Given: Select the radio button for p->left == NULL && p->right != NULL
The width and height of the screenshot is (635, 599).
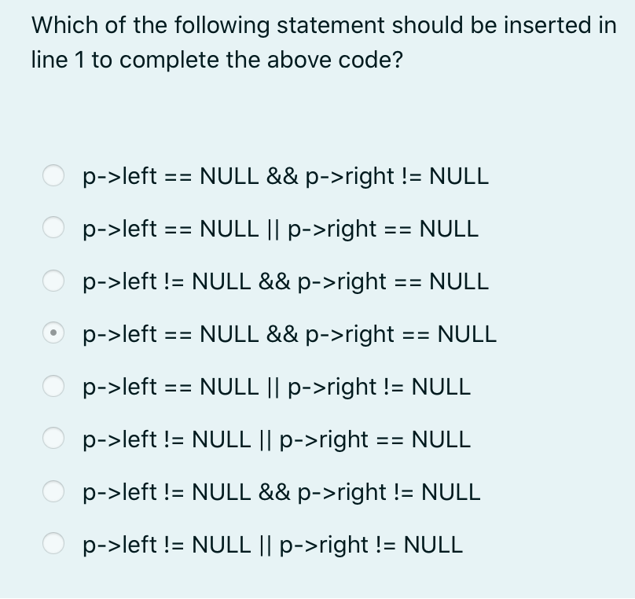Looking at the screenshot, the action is (x=53, y=175).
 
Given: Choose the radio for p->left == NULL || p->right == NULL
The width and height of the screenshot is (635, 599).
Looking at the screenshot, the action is (x=53, y=228).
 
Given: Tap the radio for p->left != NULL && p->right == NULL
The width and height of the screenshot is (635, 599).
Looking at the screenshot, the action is (x=53, y=281).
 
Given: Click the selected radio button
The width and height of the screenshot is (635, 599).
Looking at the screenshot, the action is (x=53, y=333).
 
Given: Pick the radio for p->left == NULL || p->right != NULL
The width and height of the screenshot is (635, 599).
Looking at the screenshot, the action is (x=53, y=386).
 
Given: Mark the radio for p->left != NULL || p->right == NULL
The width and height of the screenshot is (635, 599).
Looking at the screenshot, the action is (x=53, y=439).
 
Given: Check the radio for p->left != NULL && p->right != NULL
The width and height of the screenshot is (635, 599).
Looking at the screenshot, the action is (x=53, y=492).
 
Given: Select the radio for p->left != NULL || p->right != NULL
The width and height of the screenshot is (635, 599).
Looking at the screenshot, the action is (x=53, y=544).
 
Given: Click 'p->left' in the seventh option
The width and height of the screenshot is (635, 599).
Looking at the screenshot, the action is (x=120, y=492).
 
